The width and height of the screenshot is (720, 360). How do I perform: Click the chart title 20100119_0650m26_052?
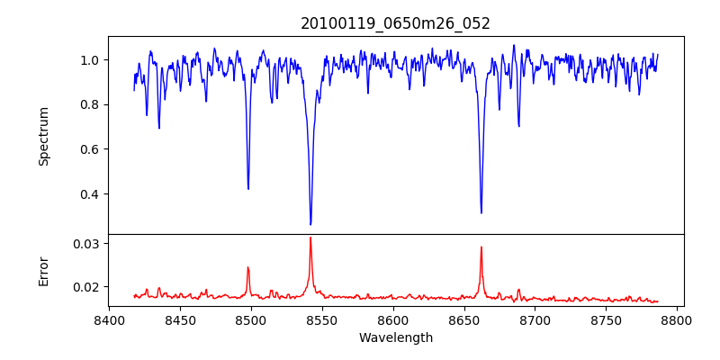pyautogui.click(x=395, y=23)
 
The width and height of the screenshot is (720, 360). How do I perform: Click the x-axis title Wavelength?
pyautogui.click(x=395, y=338)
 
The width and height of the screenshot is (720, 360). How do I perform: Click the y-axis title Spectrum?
pyautogui.click(x=43, y=136)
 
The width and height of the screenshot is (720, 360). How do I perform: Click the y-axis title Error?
pyautogui.click(x=43, y=271)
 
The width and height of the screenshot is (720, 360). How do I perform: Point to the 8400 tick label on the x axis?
pyautogui.click(x=109, y=320)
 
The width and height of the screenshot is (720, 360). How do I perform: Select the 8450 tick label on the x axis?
pyautogui.click(x=180, y=320)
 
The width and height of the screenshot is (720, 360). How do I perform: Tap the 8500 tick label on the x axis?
pyautogui.click(x=251, y=320)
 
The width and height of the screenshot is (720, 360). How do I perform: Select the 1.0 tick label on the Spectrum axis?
pyautogui.click(x=90, y=60)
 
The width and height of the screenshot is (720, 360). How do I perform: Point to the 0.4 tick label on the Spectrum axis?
pyautogui.click(x=90, y=194)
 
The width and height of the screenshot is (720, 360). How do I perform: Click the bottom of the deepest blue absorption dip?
pyautogui.click(x=310, y=224)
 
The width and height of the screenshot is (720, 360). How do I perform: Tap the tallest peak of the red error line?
pyautogui.click(x=310, y=238)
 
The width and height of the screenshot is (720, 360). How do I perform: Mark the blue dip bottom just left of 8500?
pyautogui.click(x=248, y=189)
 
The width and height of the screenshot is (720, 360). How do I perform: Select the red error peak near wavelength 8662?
pyautogui.click(x=481, y=247)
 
